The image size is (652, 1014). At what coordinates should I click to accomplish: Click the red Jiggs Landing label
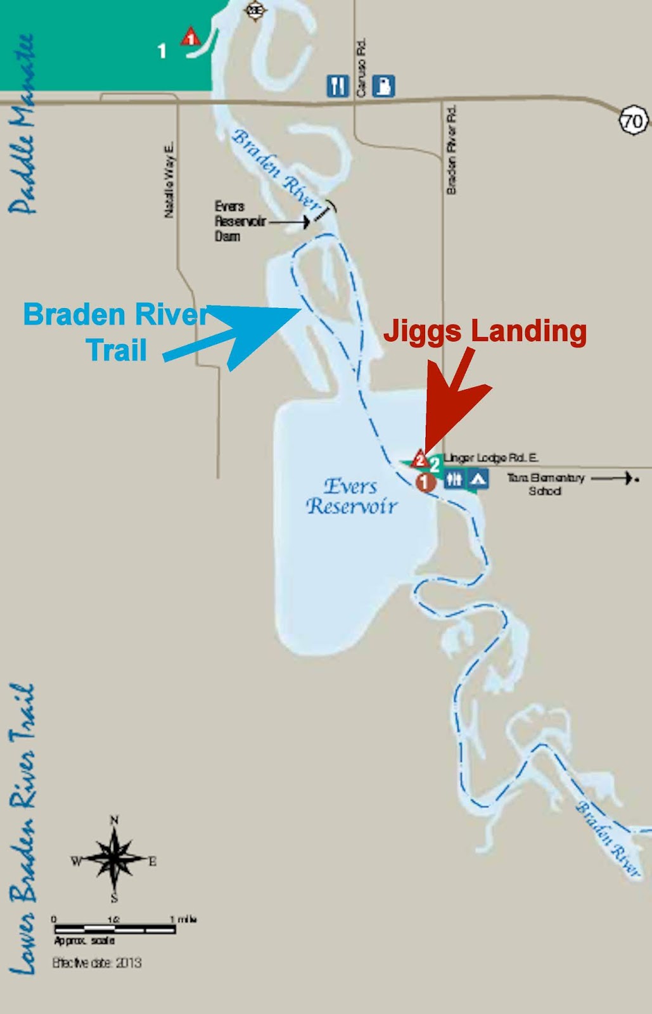[485, 331]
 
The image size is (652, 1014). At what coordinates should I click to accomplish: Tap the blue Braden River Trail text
[116, 332]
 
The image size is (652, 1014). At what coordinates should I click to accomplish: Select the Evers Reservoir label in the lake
[352, 496]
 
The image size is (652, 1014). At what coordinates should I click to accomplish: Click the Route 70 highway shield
[633, 120]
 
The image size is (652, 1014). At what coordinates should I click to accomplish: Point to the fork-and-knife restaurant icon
[338, 86]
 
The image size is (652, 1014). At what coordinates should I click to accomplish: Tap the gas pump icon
[383, 86]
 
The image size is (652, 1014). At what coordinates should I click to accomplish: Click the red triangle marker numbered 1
[189, 37]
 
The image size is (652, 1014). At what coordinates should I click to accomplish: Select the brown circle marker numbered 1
[425, 482]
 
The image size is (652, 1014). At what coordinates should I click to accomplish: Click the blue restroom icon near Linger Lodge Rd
[454, 479]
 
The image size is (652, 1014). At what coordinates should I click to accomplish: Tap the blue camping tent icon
[478, 479]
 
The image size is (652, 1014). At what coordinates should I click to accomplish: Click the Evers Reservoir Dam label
[229, 221]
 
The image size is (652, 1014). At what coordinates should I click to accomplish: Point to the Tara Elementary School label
[545, 484]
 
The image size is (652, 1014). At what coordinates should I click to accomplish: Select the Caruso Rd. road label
[361, 68]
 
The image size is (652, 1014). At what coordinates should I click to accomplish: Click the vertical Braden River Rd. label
[451, 150]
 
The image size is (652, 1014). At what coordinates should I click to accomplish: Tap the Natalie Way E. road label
[169, 180]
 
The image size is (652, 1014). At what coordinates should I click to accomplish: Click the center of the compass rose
[114, 859]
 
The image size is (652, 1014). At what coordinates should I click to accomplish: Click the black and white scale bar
[114, 930]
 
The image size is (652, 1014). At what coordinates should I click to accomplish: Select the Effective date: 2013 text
[96, 963]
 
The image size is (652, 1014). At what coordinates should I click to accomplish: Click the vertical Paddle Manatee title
[23, 124]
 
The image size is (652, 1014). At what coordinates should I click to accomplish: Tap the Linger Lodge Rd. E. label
[492, 458]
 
